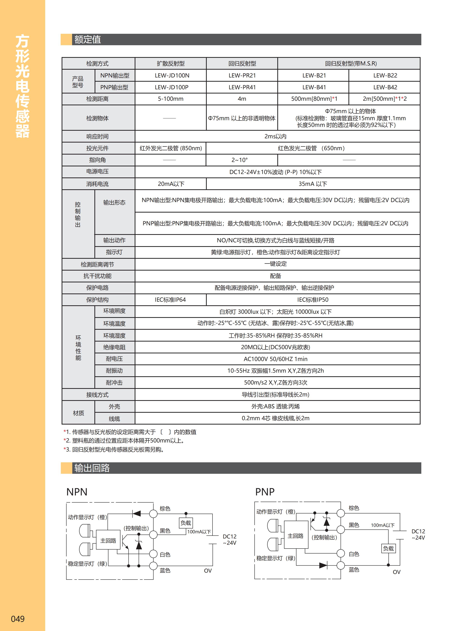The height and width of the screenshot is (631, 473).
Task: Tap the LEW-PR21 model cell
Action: point(242,76)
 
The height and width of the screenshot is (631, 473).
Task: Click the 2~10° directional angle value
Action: point(240,160)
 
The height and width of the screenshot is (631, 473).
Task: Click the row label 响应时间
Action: point(97,137)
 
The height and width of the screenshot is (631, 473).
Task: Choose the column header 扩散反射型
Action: point(171,64)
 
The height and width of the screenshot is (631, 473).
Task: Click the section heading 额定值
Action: point(88,39)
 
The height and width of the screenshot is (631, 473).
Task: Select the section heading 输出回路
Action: point(92,468)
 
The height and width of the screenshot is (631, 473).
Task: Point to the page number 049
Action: point(18,619)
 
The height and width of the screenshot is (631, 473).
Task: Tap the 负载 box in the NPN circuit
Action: point(186,523)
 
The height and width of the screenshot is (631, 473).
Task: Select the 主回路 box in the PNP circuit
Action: point(296,536)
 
